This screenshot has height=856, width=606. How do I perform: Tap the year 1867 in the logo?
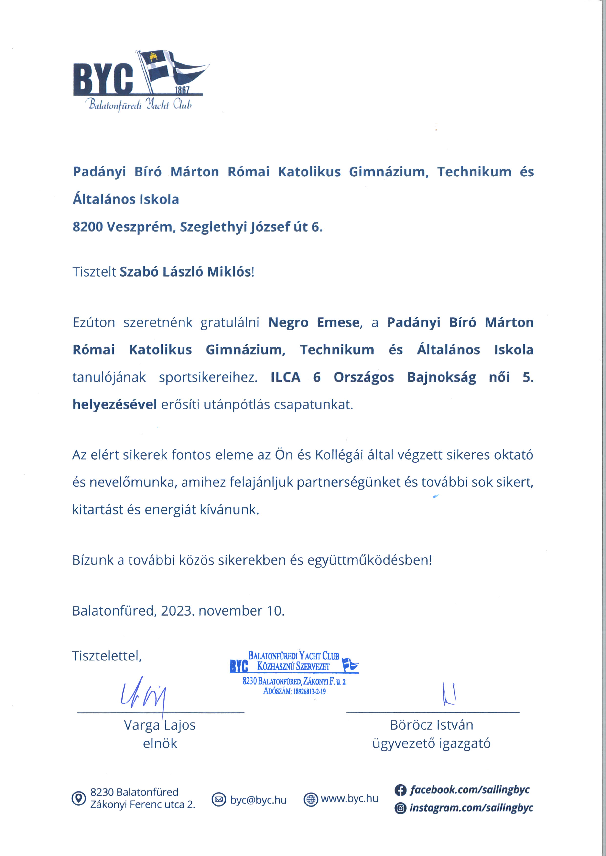coord(182,90)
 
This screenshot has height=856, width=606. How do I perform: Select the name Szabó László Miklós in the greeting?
coord(185,272)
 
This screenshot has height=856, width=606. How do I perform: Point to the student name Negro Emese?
coord(314,322)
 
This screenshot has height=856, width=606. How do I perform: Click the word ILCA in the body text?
coord(285,377)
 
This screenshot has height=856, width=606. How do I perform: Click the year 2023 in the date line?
coord(177,611)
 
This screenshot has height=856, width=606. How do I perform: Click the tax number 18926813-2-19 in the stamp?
coord(309,691)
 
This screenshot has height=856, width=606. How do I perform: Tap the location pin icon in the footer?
coord(78,798)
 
